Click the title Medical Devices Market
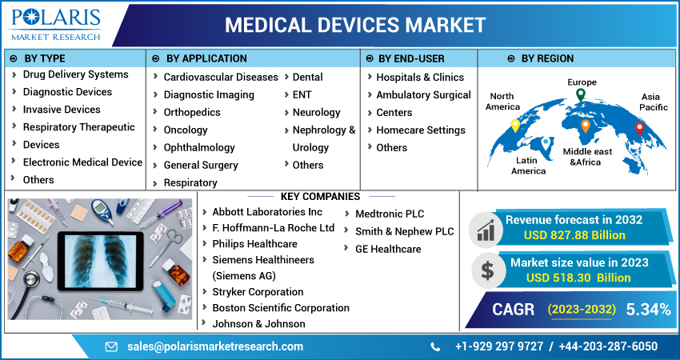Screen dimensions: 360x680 [354, 25]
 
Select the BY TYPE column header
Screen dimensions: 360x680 [45, 58]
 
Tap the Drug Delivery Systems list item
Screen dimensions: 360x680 [75, 74]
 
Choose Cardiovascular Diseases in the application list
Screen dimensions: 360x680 [221, 78]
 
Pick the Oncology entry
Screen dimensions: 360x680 [186, 130]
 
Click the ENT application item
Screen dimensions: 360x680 [302, 95]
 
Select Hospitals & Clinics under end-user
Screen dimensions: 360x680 [420, 78]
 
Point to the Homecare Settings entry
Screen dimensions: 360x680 [421, 130]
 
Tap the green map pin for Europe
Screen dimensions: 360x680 [581, 94]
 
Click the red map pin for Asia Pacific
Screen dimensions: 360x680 [638, 128]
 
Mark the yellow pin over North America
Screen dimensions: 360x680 [515, 126]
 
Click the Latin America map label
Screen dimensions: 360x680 [529, 165]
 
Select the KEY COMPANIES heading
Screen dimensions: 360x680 [320, 197]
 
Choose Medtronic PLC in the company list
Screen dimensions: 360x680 [390, 214]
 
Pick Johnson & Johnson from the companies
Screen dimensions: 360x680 [258, 324]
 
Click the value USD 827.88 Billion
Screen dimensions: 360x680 [574, 235]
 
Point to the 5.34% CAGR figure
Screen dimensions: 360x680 [648, 310]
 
